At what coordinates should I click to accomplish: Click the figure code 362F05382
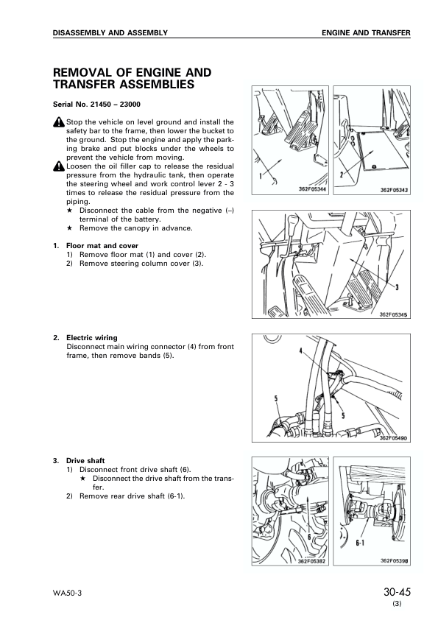[x=313, y=561]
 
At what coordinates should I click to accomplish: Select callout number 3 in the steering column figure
[x=397, y=286]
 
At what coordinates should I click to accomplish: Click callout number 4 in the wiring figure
[x=301, y=353]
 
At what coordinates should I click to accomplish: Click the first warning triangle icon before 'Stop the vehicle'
[x=59, y=122]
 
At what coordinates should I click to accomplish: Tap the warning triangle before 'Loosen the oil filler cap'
[x=59, y=166]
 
